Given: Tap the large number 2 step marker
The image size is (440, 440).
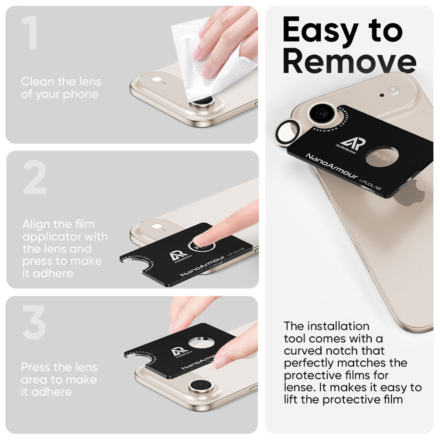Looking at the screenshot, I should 35,178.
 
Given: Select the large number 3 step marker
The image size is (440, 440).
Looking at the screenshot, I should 34,323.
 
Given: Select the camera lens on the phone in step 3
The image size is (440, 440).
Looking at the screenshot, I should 201,387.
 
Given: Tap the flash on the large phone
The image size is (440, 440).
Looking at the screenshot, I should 393,91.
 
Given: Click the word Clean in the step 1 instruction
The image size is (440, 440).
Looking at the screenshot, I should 37,81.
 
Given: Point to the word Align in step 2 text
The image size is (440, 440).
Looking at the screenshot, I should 37,224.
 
